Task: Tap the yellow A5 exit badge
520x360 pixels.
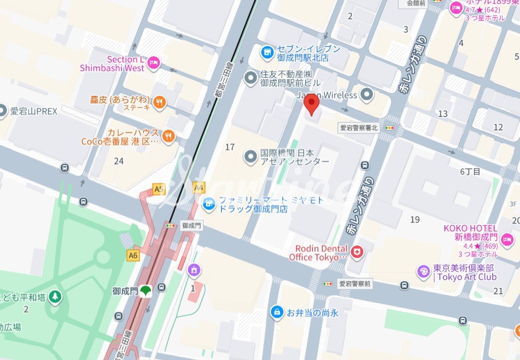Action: coord(159,189)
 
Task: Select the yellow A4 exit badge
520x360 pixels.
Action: coord(199,188)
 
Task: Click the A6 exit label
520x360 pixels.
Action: coord(132,254)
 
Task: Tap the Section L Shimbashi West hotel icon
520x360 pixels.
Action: coord(154,62)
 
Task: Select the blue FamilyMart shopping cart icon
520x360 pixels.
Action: coord(208,203)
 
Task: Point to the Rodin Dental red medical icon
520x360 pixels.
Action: coord(356,252)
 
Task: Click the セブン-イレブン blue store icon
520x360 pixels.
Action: coord(268,51)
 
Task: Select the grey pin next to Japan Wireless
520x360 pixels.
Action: coord(367,94)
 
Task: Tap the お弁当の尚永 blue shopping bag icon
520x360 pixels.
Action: coord(276,312)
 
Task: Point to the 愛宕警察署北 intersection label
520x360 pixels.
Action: coord(359,127)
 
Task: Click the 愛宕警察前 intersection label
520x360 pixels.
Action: coord(355,284)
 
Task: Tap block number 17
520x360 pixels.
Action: coord(229,147)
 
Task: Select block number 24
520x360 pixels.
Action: coord(118,161)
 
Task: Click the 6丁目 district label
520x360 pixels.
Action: coord(470,172)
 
